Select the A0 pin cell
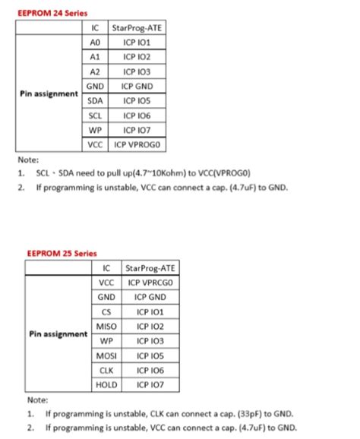pyautogui.click(x=95, y=43)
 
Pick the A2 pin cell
pyautogui.click(x=95, y=71)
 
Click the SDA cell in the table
pyautogui.click(x=95, y=100)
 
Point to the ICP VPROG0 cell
pyautogui.click(x=138, y=144)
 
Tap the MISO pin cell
pyautogui.click(x=106, y=326)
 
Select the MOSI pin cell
pyautogui.click(x=106, y=355)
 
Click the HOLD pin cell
pyautogui.click(x=106, y=384)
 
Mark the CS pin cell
pyautogui.click(x=106, y=311)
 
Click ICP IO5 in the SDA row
pyautogui.click(x=138, y=100)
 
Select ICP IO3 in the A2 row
pyautogui.click(x=138, y=71)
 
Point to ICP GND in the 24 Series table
pyautogui.click(x=138, y=86)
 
